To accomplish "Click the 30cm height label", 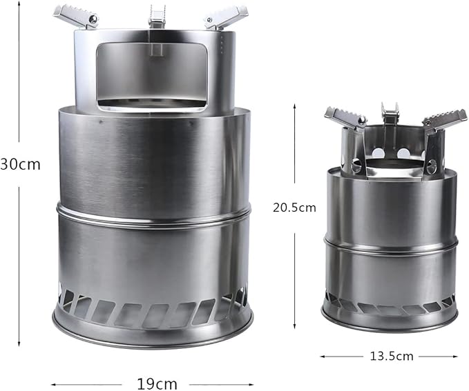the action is [x=20, y=164].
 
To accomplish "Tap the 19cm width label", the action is [x=157, y=383].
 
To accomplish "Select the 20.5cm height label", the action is [x=294, y=208].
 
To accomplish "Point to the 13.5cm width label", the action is [x=392, y=356].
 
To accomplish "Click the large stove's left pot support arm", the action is [x=76, y=16].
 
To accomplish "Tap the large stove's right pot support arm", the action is [x=227, y=19].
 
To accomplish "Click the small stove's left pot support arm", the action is [x=346, y=119].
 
